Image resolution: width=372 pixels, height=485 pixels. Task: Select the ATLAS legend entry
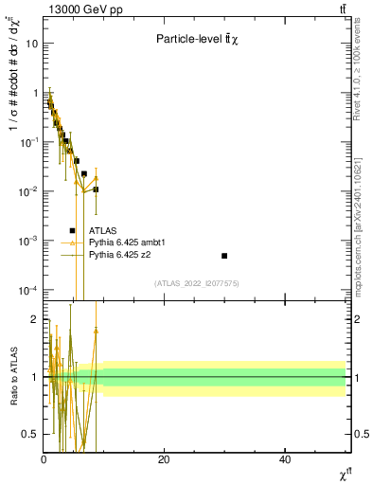(104, 230)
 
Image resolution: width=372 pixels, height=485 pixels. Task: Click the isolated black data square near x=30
(224, 256)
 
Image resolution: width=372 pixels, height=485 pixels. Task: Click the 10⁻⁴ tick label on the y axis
(28, 290)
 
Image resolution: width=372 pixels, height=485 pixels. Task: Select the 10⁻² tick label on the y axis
(28, 191)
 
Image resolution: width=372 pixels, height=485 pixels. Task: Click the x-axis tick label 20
(164, 459)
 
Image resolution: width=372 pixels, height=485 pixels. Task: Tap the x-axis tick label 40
(285, 459)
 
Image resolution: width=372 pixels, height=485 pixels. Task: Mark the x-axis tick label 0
(44, 459)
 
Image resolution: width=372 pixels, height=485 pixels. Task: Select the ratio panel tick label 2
(34, 319)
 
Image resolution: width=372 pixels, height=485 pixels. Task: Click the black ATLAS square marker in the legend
(72, 230)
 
